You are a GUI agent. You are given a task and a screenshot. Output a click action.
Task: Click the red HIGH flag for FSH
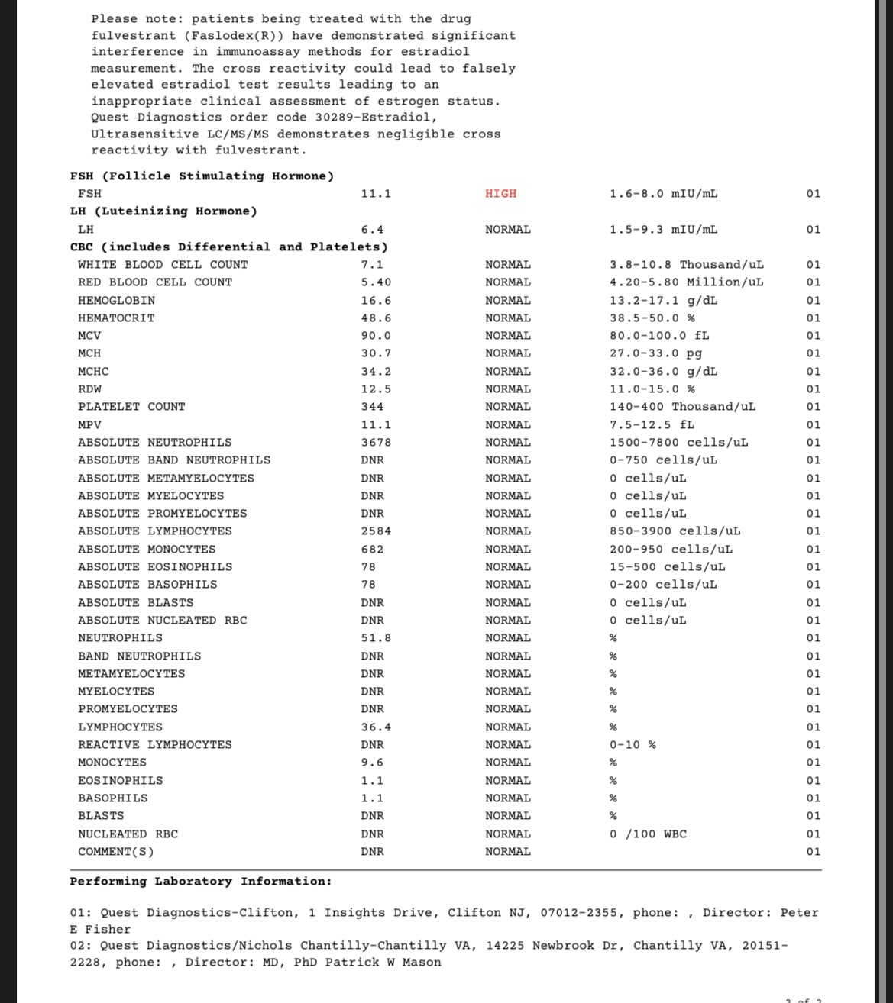tap(500, 194)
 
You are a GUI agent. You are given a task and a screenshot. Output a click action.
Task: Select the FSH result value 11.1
tap(376, 194)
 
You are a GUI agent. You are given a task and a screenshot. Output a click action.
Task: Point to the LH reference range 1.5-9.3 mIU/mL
tap(663, 230)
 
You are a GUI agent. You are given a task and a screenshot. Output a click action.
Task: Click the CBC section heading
tap(228, 247)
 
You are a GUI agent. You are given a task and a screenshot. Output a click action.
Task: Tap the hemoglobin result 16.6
tap(376, 301)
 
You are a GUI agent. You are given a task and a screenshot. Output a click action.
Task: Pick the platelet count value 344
tap(372, 407)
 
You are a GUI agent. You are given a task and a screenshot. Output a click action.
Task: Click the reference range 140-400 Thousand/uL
tap(682, 407)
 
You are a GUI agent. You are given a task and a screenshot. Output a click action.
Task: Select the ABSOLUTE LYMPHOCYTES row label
tap(154, 531)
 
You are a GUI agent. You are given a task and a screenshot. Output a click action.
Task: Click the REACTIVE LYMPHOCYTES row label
tap(154, 745)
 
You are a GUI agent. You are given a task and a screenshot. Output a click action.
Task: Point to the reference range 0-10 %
tap(632, 745)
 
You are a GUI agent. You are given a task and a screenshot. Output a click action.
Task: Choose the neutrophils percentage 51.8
tap(376, 638)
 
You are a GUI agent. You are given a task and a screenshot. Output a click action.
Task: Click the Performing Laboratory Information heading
tap(201, 882)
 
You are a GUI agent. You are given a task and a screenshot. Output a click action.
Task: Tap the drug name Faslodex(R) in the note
tap(236, 36)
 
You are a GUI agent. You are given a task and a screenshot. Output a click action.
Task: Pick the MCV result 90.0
tap(376, 336)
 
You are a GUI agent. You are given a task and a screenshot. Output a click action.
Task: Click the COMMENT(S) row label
tap(115, 852)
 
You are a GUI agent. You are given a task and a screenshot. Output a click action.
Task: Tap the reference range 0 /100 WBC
tap(648, 834)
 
